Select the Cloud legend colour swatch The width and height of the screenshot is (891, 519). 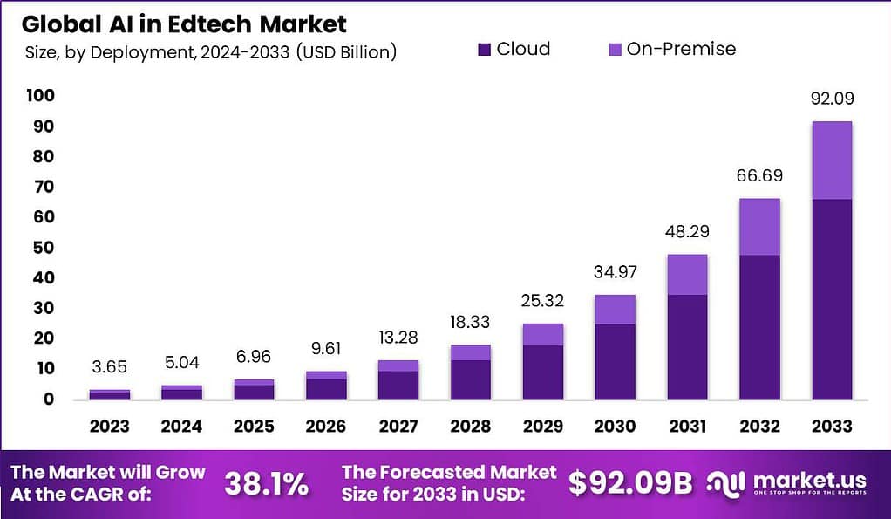485,50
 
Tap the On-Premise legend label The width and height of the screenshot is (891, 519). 681,49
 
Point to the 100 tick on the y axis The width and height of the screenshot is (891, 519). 41,95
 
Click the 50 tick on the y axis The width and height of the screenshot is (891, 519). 44,247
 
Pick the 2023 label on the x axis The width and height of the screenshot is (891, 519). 110,427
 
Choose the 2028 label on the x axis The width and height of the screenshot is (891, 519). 470,427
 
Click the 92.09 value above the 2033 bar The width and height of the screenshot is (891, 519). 831,99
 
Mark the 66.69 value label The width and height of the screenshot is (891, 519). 759,176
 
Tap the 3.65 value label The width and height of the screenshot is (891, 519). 110,368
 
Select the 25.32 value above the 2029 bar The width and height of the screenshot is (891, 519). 542,302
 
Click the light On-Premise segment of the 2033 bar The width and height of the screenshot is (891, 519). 831,160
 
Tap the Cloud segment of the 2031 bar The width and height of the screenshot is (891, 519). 687,346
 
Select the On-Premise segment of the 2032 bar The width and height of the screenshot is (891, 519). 759,227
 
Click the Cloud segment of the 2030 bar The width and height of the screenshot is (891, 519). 615,361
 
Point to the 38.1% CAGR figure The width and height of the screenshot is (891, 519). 266,484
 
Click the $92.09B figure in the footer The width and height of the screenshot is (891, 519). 630,483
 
